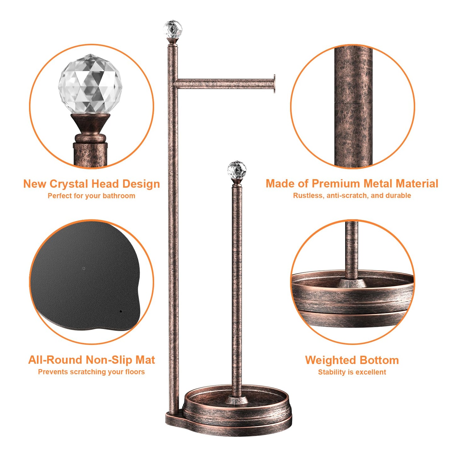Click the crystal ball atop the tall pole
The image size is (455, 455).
173,29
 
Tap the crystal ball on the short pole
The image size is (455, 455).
236,170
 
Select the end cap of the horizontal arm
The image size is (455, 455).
274,84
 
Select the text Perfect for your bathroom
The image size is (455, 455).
91,196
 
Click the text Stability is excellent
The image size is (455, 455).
352,372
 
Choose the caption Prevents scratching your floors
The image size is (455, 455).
91,372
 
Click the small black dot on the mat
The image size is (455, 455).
121,311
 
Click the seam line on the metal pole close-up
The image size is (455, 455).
353,102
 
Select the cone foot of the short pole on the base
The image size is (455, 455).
236,400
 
